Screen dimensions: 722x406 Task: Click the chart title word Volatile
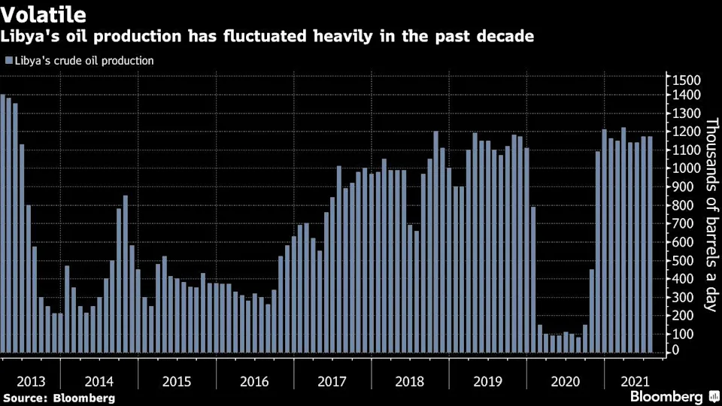(x=44, y=14)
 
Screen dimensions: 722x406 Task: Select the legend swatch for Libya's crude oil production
(x=9, y=60)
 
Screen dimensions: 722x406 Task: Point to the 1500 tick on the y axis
(x=687, y=80)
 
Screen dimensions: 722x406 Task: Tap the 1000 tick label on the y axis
(x=687, y=168)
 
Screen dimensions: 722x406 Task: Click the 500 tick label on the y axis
(x=690, y=260)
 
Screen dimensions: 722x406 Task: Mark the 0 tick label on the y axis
(x=675, y=350)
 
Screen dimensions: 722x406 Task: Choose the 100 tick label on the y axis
(x=690, y=334)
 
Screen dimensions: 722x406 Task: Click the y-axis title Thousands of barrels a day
(x=712, y=214)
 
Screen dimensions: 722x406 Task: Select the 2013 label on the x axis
(x=31, y=382)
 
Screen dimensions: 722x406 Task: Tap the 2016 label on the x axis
(x=254, y=382)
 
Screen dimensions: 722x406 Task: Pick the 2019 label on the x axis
(x=487, y=382)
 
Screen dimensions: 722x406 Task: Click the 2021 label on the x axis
(x=635, y=382)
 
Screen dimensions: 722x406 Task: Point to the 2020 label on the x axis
(x=566, y=382)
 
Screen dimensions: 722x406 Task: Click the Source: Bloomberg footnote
(x=59, y=398)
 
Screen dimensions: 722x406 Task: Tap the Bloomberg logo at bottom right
(x=675, y=396)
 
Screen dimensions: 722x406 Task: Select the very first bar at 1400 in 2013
(x=3, y=224)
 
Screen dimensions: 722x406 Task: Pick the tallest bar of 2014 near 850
(x=126, y=274)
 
